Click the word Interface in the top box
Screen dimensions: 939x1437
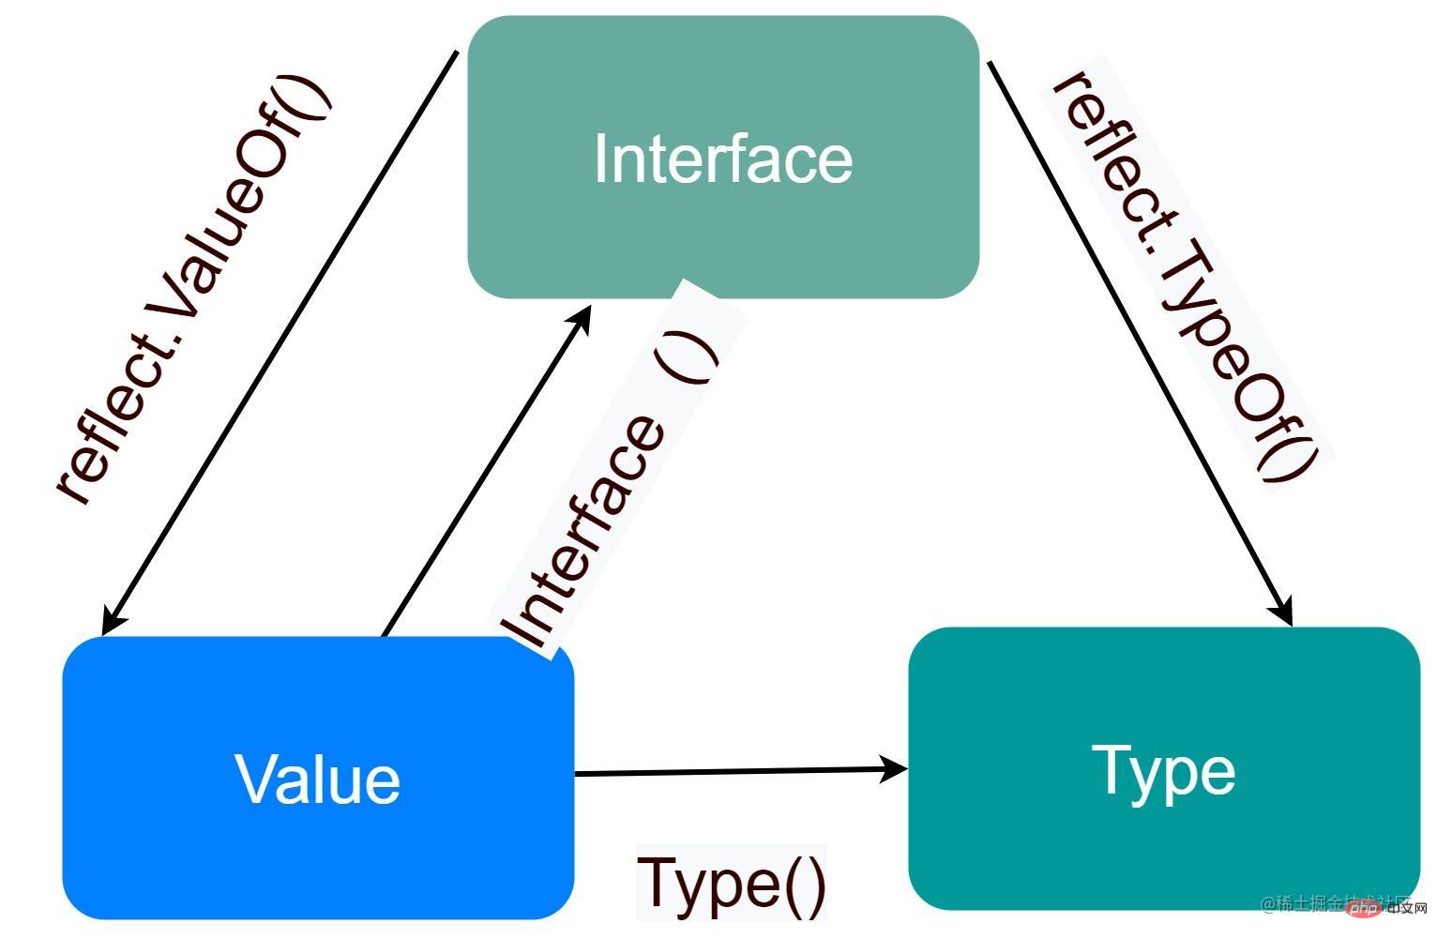pyautogui.click(x=723, y=159)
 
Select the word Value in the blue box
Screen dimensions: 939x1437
pyautogui.click(x=317, y=780)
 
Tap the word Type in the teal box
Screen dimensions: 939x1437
pyautogui.click(x=1163, y=771)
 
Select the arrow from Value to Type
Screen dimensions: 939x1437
pyautogui.click(x=732, y=772)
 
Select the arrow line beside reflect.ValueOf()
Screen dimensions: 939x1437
pyautogui.click(x=281, y=338)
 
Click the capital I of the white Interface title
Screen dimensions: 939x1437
pyautogui.click(x=600, y=159)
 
